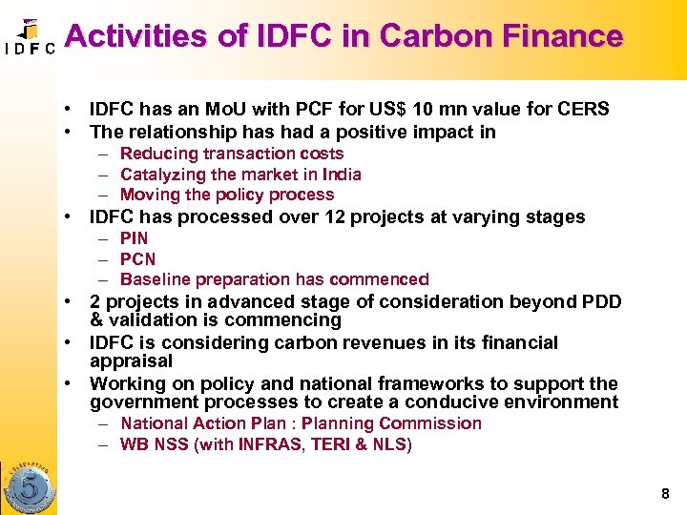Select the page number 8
pyautogui.click(x=664, y=494)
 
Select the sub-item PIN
pyautogui.click(x=135, y=238)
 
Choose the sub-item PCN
pyautogui.click(x=137, y=259)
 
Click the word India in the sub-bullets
pyautogui.click(x=341, y=175)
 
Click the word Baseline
pyautogui.click(x=153, y=280)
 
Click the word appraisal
pyautogui.click(x=131, y=361)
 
